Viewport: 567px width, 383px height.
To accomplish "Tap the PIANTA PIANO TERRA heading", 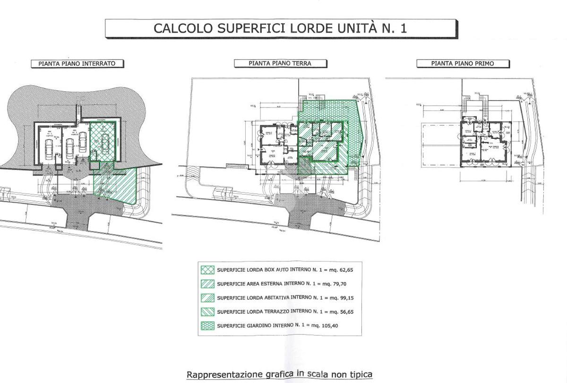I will coord(280,63).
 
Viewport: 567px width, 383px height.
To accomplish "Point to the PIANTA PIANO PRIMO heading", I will coord(462,63).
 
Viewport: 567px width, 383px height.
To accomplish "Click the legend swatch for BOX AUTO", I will coord(207,270).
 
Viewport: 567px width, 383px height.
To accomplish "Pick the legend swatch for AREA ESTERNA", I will coord(207,284).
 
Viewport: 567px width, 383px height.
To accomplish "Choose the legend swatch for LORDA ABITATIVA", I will coord(207,298).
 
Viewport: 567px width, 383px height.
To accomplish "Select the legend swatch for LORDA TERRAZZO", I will coord(207,312).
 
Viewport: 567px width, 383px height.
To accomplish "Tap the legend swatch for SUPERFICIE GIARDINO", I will coord(207,326).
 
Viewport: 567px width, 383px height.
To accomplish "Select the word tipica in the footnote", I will coord(360,374).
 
